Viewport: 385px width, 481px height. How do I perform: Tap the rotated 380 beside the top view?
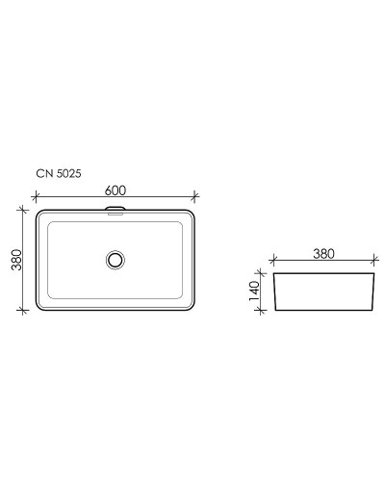click(15, 259)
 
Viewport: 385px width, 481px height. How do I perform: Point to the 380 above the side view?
click(322, 254)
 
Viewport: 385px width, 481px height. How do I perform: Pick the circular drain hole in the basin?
click(115, 259)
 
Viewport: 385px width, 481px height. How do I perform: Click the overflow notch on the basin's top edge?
click(115, 209)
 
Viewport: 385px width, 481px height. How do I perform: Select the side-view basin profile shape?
click(322, 292)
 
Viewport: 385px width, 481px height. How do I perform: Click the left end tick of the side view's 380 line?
click(272, 260)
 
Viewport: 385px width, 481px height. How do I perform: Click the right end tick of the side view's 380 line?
click(372, 260)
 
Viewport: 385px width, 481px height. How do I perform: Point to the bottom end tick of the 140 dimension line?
click(264, 310)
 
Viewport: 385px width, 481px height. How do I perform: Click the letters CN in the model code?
click(42, 174)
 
